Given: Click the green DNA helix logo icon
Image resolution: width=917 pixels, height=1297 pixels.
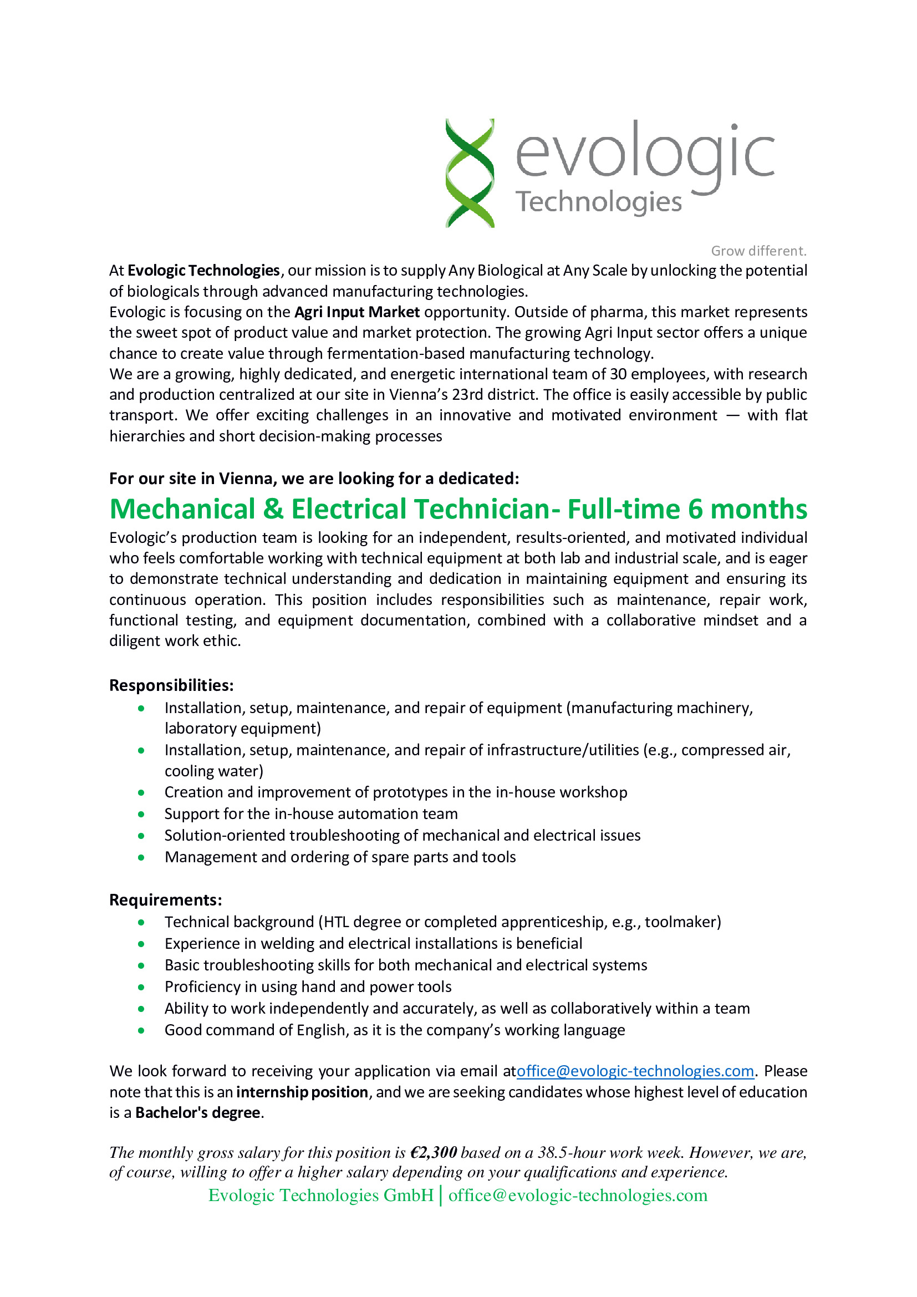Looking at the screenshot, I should point(470,173).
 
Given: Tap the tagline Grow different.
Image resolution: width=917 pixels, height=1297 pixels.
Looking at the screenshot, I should point(758,251).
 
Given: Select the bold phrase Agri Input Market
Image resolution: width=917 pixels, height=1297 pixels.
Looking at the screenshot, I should point(357,312).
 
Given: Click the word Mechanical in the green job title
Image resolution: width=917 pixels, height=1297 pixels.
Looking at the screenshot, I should point(182,509).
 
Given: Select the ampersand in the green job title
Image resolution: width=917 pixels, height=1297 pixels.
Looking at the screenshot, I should point(273,509).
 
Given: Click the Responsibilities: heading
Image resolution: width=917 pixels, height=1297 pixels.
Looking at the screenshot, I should point(171,686).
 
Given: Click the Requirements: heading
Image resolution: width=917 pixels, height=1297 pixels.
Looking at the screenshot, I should point(165,900).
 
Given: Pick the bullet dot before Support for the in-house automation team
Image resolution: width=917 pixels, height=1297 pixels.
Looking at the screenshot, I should point(141,815).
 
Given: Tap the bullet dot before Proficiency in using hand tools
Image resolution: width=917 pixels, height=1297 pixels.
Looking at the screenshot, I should point(141,988).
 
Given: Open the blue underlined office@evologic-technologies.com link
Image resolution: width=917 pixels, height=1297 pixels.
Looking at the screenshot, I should point(635,1072).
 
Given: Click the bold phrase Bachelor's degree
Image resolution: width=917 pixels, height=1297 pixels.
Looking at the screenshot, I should point(197,1113).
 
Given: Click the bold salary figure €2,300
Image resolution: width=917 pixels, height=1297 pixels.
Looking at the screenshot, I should point(433,1153).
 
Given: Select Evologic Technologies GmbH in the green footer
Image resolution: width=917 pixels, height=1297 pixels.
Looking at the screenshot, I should point(320,1196).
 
